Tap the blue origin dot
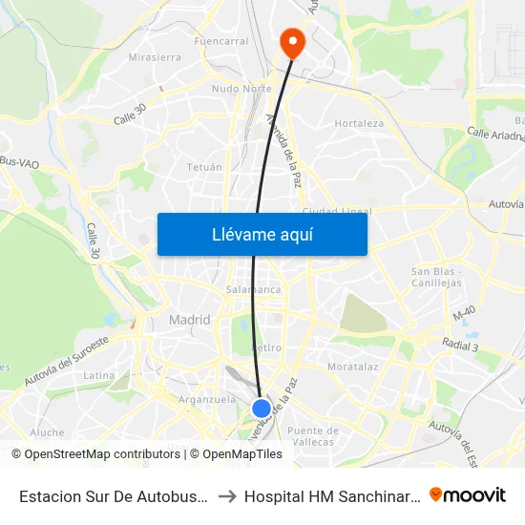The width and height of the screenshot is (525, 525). pyautogui.click(x=261, y=409)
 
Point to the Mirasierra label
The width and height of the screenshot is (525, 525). pyautogui.click(x=155, y=57)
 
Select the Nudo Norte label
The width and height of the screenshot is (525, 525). pyautogui.click(x=242, y=89)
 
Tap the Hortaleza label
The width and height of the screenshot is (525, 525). pyautogui.click(x=359, y=123)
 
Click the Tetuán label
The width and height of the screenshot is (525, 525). pyautogui.click(x=204, y=167)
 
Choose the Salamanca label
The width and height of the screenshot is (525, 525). pyautogui.click(x=253, y=289)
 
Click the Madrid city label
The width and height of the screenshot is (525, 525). pyautogui.click(x=189, y=321)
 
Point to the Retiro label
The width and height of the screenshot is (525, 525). pyautogui.click(x=266, y=348)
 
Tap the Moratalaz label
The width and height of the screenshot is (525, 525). pyautogui.click(x=354, y=367)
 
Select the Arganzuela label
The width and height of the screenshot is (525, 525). pyautogui.click(x=207, y=400)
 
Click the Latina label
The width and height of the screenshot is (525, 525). pyautogui.click(x=99, y=376)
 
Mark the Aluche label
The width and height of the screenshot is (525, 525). pyautogui.click(x=47, y=432)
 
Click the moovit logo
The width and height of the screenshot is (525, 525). pyautogui.click(x=468, y=495)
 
